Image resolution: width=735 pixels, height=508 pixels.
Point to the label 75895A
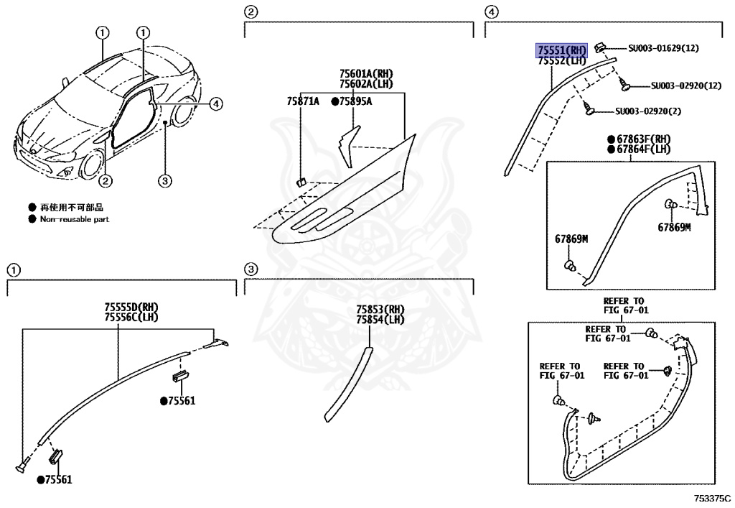pyautogui.click(x=355, y=101)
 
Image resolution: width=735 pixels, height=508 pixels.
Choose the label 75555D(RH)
pyautogui.click(x=131, y=308)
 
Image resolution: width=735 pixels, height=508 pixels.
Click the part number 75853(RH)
pyautogui.click(x=380, y=310)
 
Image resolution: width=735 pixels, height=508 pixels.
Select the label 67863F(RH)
pyautogui.click(x=643, y=139)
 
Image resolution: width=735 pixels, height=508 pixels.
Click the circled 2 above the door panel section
pyautogui.click(x=251, y=11)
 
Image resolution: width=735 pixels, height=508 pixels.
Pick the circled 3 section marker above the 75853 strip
pyautogui.click(x=251, y=269)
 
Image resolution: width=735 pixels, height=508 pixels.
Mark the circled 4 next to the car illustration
pyautogui.click(x=217, y=104)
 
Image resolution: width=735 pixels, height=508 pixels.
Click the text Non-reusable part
pyautogui.click(x=75, y=219)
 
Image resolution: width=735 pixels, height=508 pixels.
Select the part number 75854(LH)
pyautogui.click(x=380, y=319)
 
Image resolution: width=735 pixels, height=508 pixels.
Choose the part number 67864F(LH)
pyautogui.click(x=643, y=149)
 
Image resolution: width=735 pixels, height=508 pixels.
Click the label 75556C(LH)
pyautogui.click(x=131, y=317)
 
